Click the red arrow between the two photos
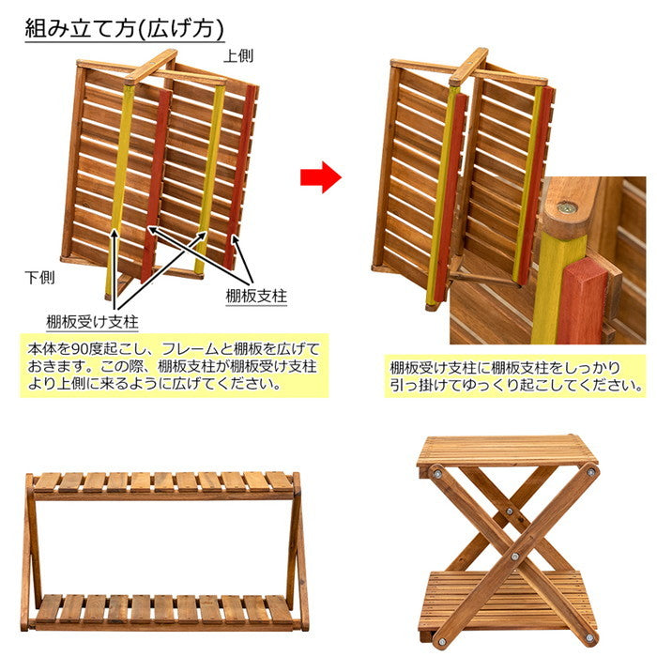pyautogui.click(x=320, y=176)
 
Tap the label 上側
pyautogui.click(x=238, y=55)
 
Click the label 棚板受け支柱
pyautogui.click(x=92, y=322)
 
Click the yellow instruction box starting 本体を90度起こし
pyautogui.click(x=175, y=366)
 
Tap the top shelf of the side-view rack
pyautogui.click(x=507, y=450)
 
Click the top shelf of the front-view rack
pyautogui.click(x=163, y=482)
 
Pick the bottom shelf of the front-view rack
pyautogui.click(x=165, y=609)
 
